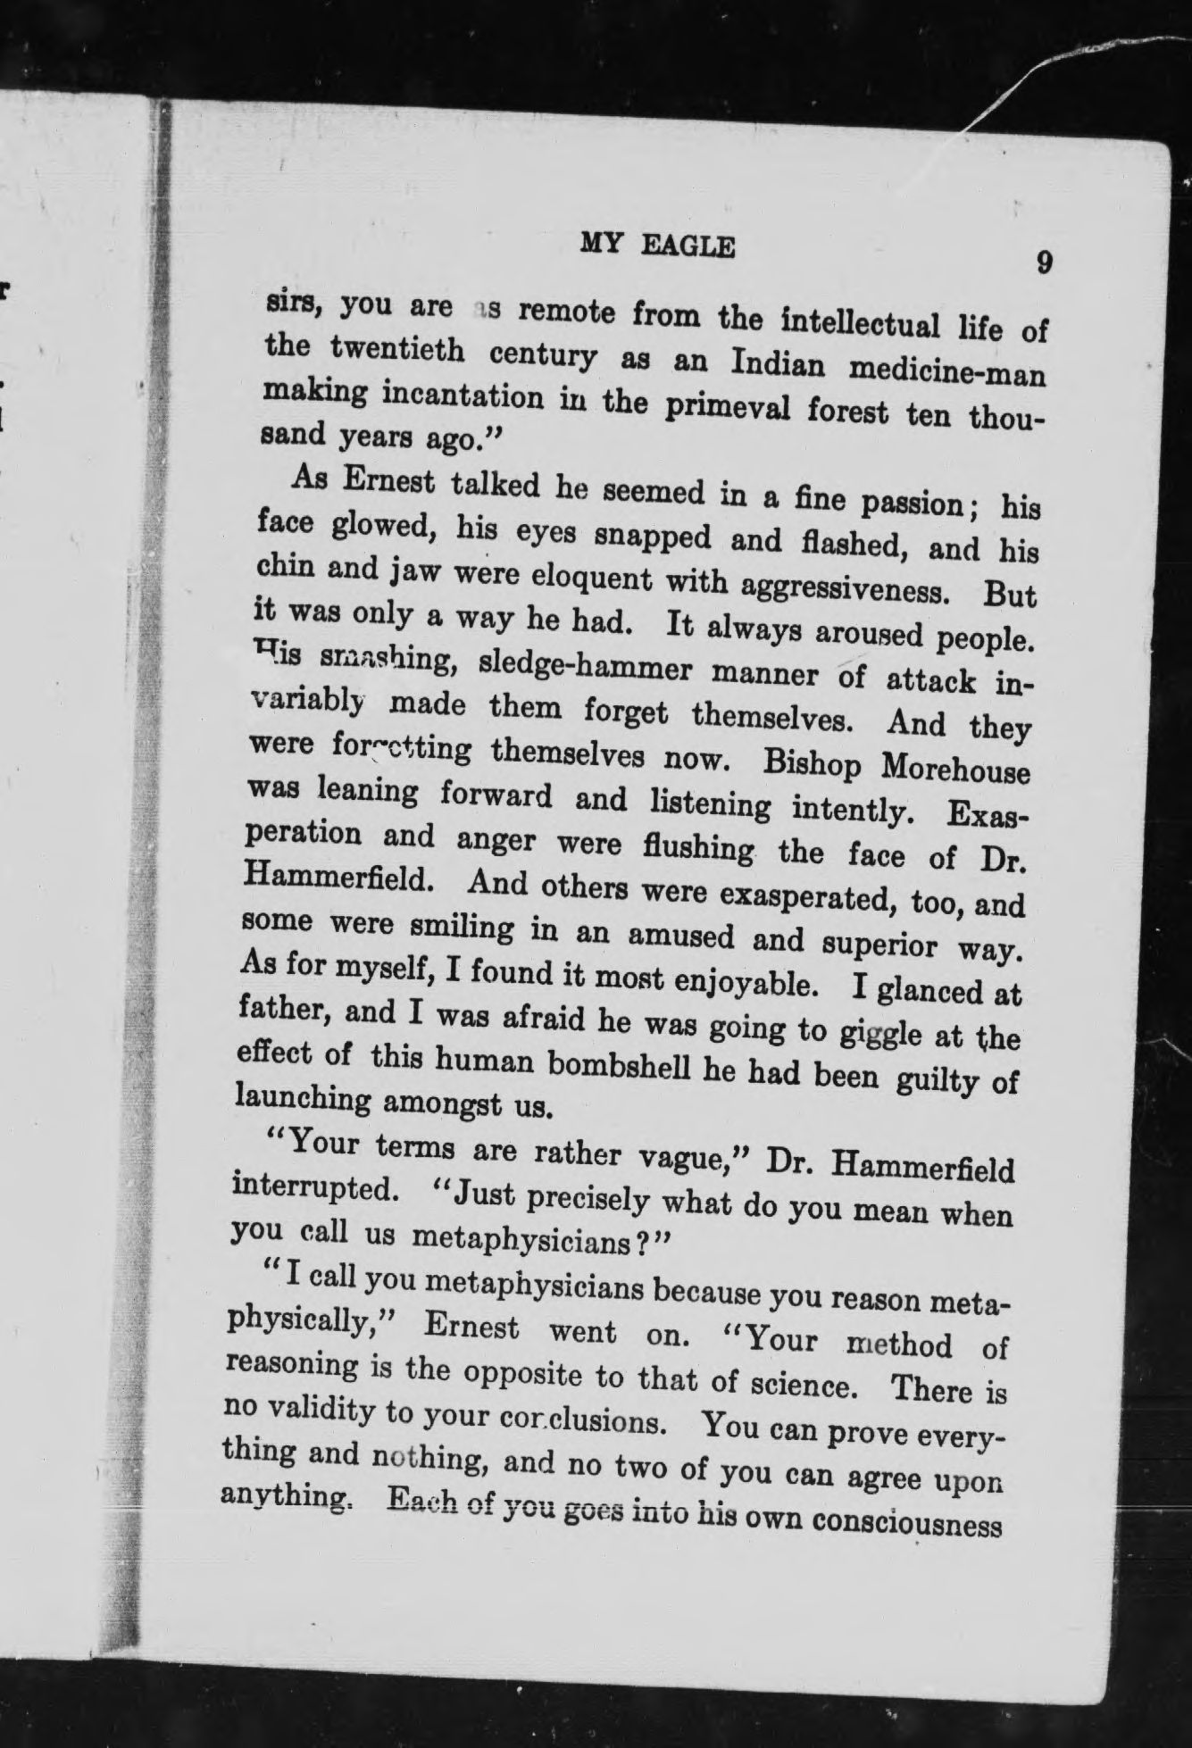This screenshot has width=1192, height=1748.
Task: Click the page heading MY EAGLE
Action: point(657,243)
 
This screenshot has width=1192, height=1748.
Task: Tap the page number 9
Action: point(1044,264)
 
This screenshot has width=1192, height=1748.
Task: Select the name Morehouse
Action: point(955,770)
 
